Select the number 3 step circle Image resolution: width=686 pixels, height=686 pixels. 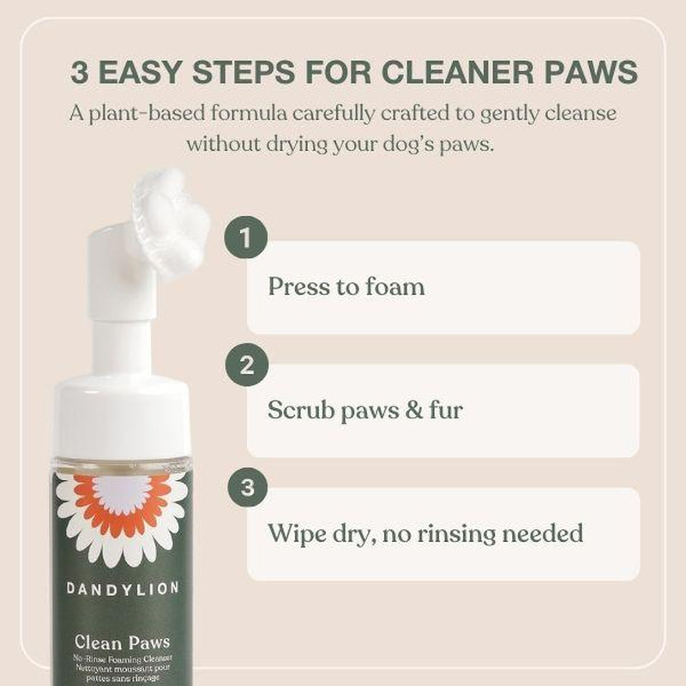click(247, 487)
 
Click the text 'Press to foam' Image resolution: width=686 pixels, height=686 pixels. click(346, 286)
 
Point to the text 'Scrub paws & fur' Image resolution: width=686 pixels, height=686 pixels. click(364, 410)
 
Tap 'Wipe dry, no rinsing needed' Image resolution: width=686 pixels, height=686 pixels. click(425, 533)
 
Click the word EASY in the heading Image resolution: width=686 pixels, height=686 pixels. click(142, 72)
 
